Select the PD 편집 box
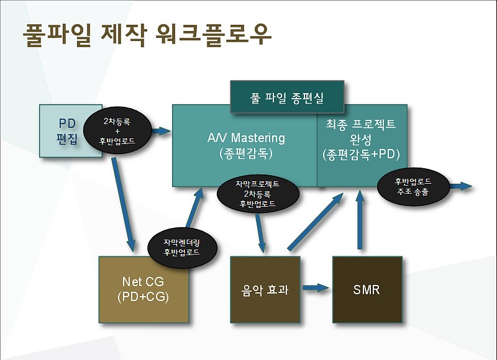[x=71, y=131]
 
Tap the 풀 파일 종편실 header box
[x=287, y=97]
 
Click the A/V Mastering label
[x=246, y=138]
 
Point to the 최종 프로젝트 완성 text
[x=361, y=131]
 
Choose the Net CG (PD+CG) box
[x=144, y=289]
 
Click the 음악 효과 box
[x=265, y=289]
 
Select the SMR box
[x=367, y=289]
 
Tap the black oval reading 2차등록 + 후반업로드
[x=117, y=130]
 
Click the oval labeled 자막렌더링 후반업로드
[x=182, y=248]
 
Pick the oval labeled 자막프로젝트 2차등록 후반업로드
[x=258, y=194]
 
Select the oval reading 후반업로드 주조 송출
[x=413, y=186]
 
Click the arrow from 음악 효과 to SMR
[x=316, y=288]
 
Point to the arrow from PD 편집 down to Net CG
[x=124, y=205]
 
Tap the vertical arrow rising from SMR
[x=360, y=220]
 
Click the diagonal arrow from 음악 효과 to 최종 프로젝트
[x=316, y=222]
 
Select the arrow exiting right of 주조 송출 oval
[x=461, y=186]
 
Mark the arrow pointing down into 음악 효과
[x=260, y=233]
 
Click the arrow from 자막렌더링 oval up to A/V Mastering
[x=194, y=207]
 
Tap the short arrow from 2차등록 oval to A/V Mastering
[x=162, y=130]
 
